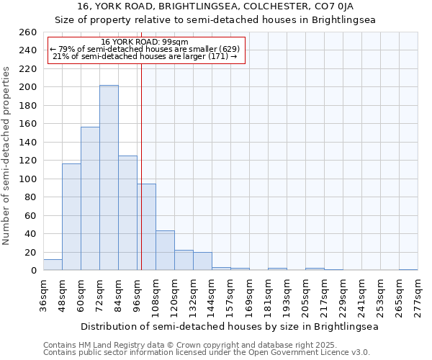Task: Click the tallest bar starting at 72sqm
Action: pyautogui.click(x=109, y=178)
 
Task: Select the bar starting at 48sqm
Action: pyautogui.click(x=71, y=217)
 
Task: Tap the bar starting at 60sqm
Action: pyautogui.click(x=90, y=199)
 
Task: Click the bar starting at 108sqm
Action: pyautogui.click(x=165, y=251)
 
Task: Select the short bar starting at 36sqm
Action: pyautogui.click(x=53, y=265)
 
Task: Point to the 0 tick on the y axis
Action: pyautogui.click(x=33, y=271)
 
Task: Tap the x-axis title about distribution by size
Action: pyautogui.click(x=230, y=326)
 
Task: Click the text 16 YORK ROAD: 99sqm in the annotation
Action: pyautogui.click(x=145, y=42)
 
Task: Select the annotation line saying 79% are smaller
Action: pyautogui.click(x=145, y=49)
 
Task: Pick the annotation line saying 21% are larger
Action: pyautogui.click(x=145, y=56)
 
